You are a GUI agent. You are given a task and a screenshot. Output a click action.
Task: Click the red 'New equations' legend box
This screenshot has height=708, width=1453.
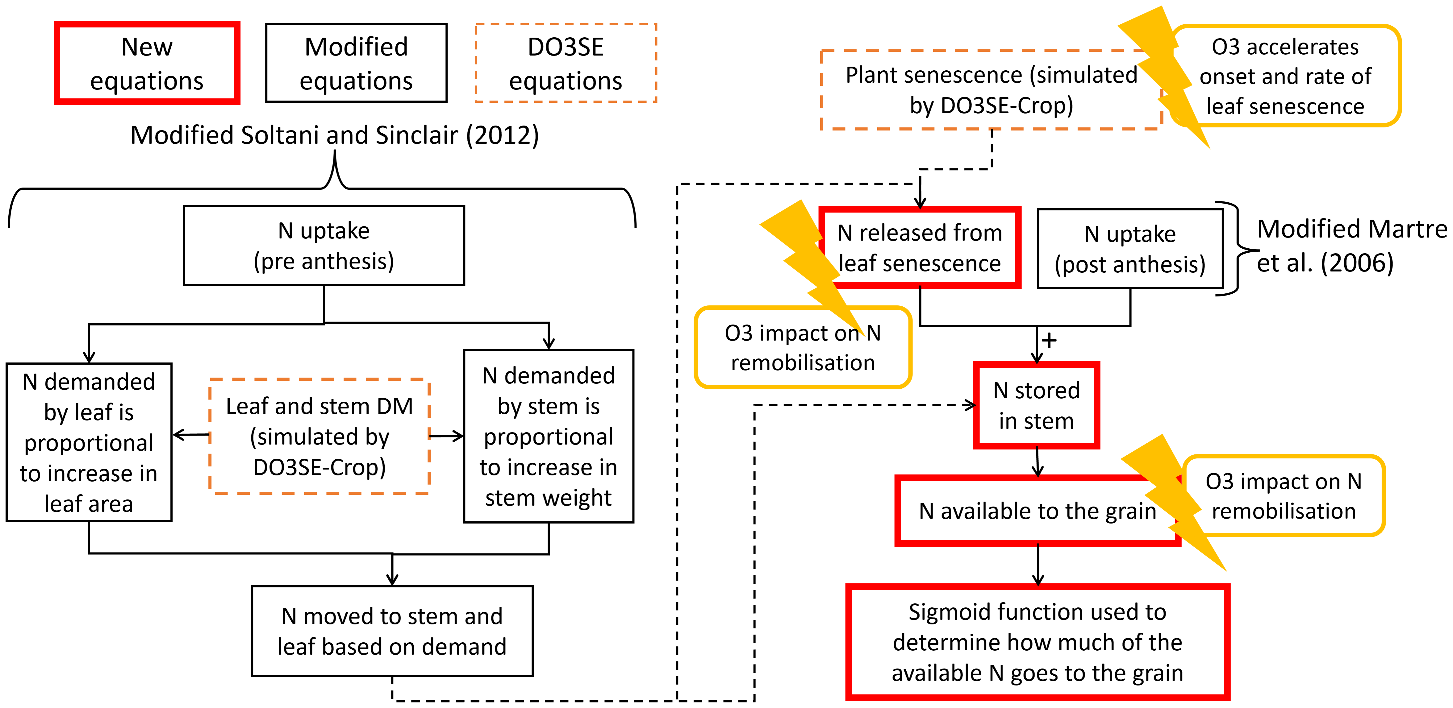[x=147, y=63]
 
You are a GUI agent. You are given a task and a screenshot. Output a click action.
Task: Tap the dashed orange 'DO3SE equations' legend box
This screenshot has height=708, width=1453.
[x=566, y=63]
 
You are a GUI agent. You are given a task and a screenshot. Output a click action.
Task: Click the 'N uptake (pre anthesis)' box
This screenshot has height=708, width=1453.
[x=324, y=246]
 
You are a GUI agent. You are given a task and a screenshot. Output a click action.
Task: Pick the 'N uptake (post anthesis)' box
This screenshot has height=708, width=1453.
[x=1130, y=249]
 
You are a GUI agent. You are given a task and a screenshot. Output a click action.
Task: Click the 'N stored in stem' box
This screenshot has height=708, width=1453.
[x=1036, y=405]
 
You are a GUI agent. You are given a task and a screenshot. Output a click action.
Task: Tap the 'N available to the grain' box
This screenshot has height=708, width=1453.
[x=1037, y=511]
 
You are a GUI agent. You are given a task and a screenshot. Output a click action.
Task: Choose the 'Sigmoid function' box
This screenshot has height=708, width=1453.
[x=1037, y=642]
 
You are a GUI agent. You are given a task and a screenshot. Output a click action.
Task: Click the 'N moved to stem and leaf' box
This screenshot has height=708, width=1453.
[x=392, y=631]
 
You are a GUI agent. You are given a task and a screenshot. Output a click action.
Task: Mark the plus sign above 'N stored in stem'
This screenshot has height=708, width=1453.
[x=1049, y=341]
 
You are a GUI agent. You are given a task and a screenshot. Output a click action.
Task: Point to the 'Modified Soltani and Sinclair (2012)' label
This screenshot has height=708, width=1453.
[x=335, y=135]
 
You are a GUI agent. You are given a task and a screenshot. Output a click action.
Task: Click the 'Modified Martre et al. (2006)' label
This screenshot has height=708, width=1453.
[x=1348, y=246]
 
